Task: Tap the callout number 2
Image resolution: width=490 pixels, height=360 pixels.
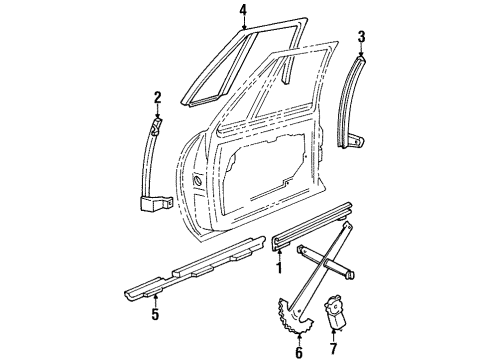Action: coord(157,97)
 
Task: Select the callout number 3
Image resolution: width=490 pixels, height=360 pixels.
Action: coord(363,37)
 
